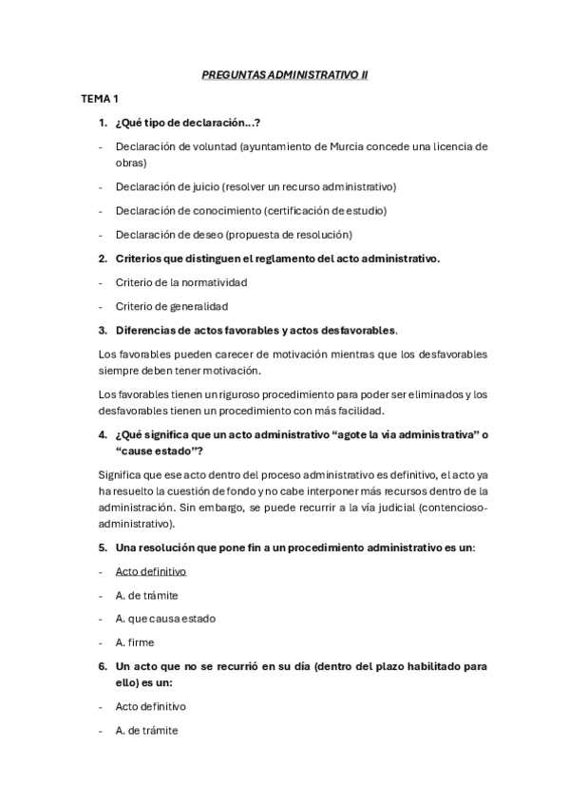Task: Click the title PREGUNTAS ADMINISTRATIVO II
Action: coord(284,72)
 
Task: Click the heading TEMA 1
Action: coord(99,98)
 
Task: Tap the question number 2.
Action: coord(103,259)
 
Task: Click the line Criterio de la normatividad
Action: coord(180,282)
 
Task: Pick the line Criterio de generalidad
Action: coord(171,306)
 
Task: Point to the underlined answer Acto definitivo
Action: coord(150,571)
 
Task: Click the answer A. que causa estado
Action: coord(165,618)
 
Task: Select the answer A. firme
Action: coord(134,642)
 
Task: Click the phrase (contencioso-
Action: coord(452,508)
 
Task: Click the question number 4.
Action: coord(103,433)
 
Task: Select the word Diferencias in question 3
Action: coord(146,330)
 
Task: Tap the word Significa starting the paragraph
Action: coord(121,473)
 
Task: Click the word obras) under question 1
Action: coord(130,163)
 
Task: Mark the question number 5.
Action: coord(103,548)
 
